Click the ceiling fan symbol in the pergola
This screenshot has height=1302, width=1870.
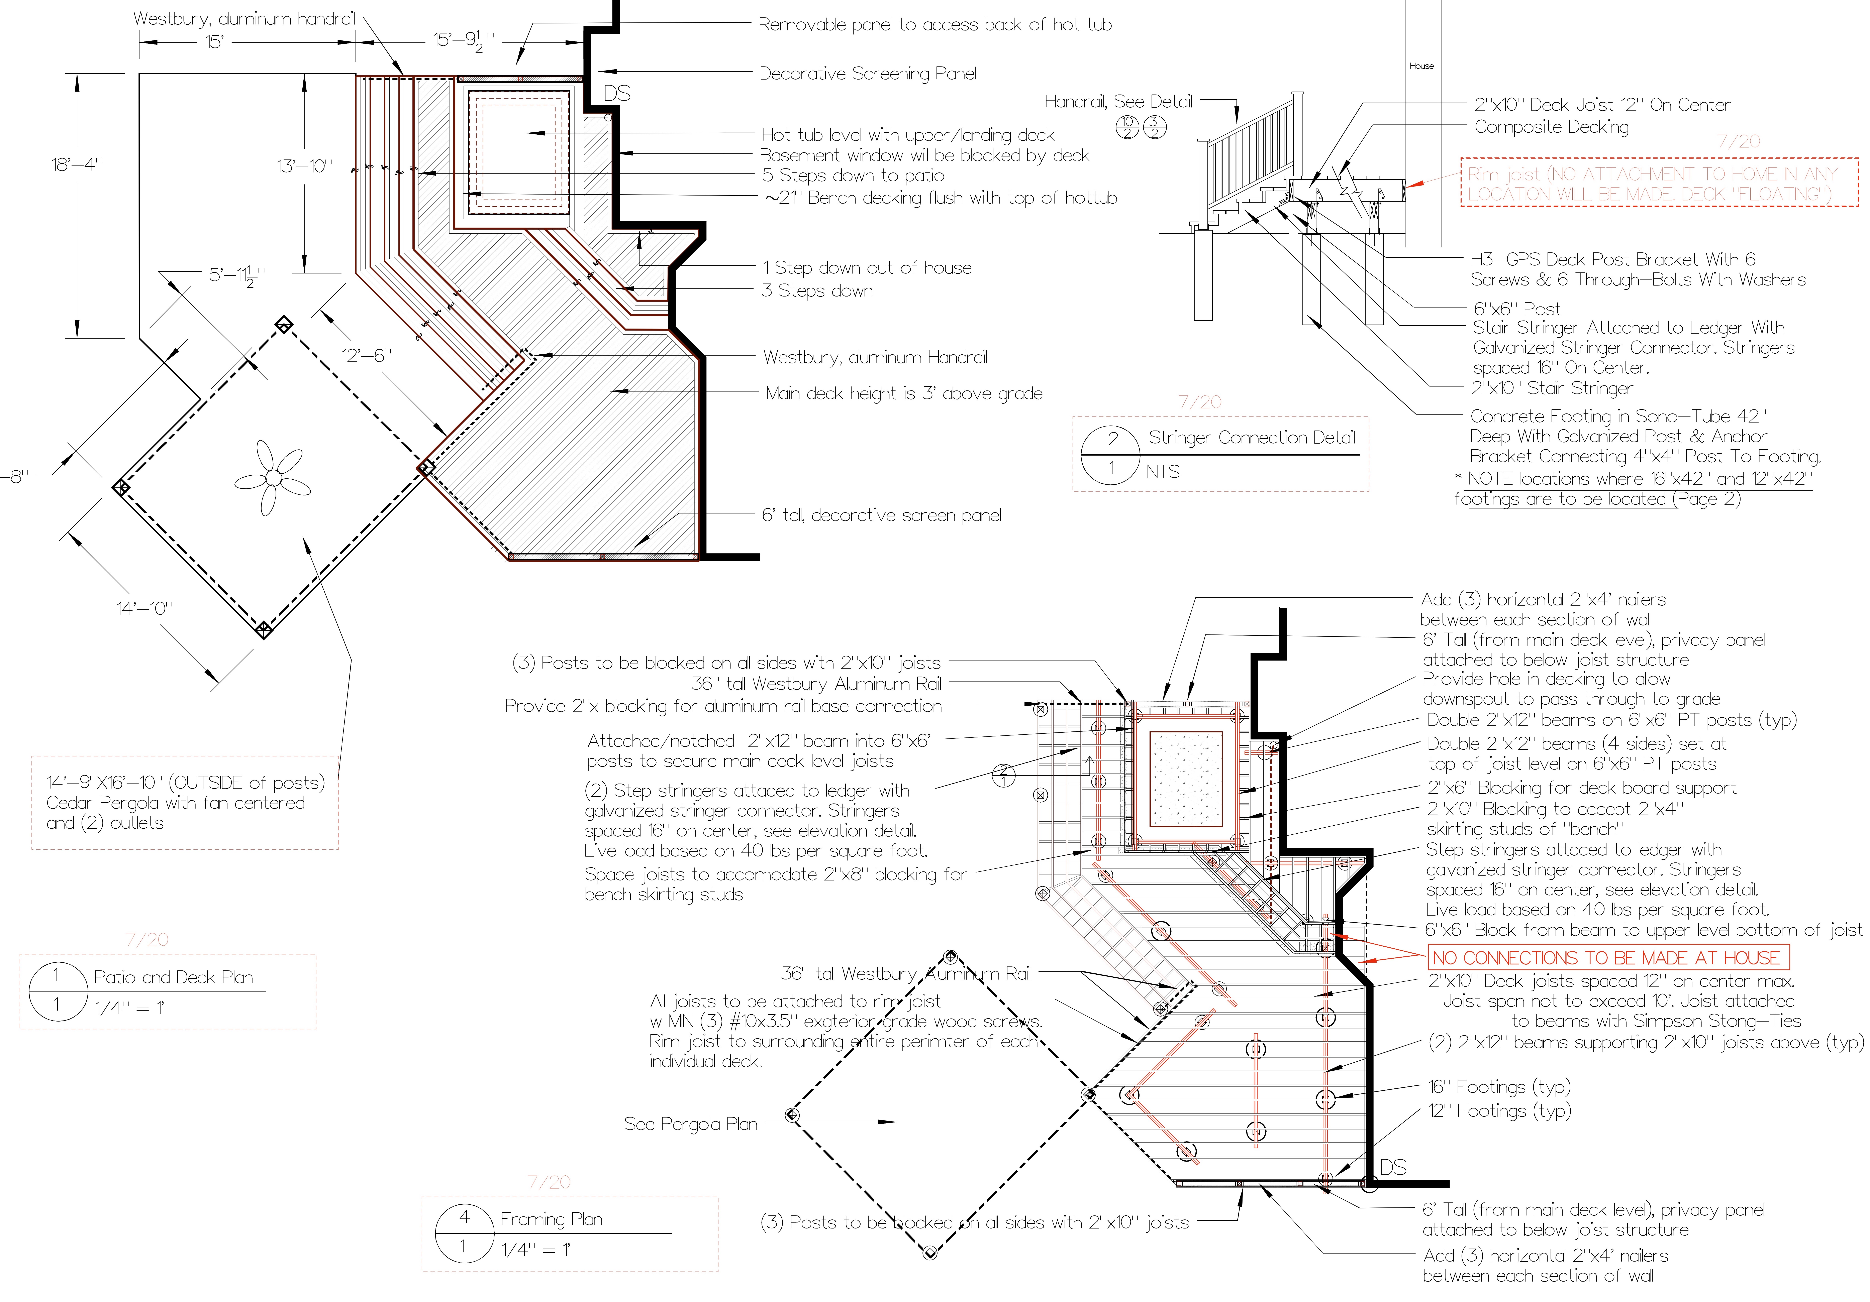[x=273, y=478]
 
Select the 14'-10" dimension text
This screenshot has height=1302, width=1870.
[x=145, y=608]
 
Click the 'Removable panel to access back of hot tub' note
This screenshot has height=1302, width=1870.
[x=934, y=24]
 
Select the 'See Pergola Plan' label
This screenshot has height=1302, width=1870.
[x=690, y=1124]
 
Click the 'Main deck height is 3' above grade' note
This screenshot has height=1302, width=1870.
[x=903, y=393]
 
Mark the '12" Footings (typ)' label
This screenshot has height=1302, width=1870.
[x=1499, y=1111]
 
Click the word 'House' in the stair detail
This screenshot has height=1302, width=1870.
[x=1421, y=66]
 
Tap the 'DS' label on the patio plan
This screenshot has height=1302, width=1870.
[x=616, y=94]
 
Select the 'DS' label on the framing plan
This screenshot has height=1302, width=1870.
[x=1393, y=1168]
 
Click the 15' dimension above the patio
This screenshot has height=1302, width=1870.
[x=214, y=41]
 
